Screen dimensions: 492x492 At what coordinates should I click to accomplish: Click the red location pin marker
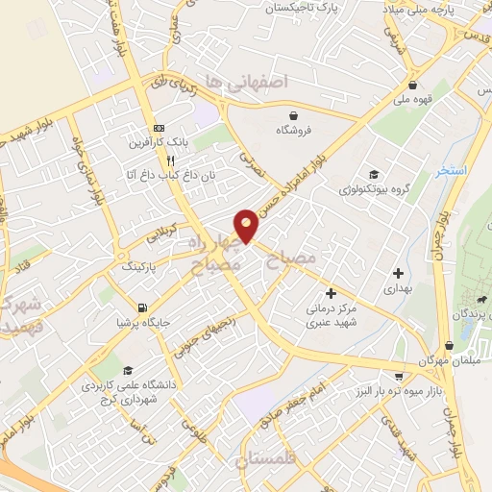pos(247,226)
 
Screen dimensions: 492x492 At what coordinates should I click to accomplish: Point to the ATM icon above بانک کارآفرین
pos(159,128)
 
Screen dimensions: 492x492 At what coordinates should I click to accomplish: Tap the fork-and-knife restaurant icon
pos(170,161)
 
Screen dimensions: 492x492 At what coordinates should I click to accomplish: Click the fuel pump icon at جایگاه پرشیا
pos(143,308)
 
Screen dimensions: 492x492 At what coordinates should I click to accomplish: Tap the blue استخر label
pos(450,170)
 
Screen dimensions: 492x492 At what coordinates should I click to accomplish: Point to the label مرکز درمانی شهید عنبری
pos(331,318)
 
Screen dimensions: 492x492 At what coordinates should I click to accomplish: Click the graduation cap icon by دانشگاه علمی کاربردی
pos(128,372)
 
